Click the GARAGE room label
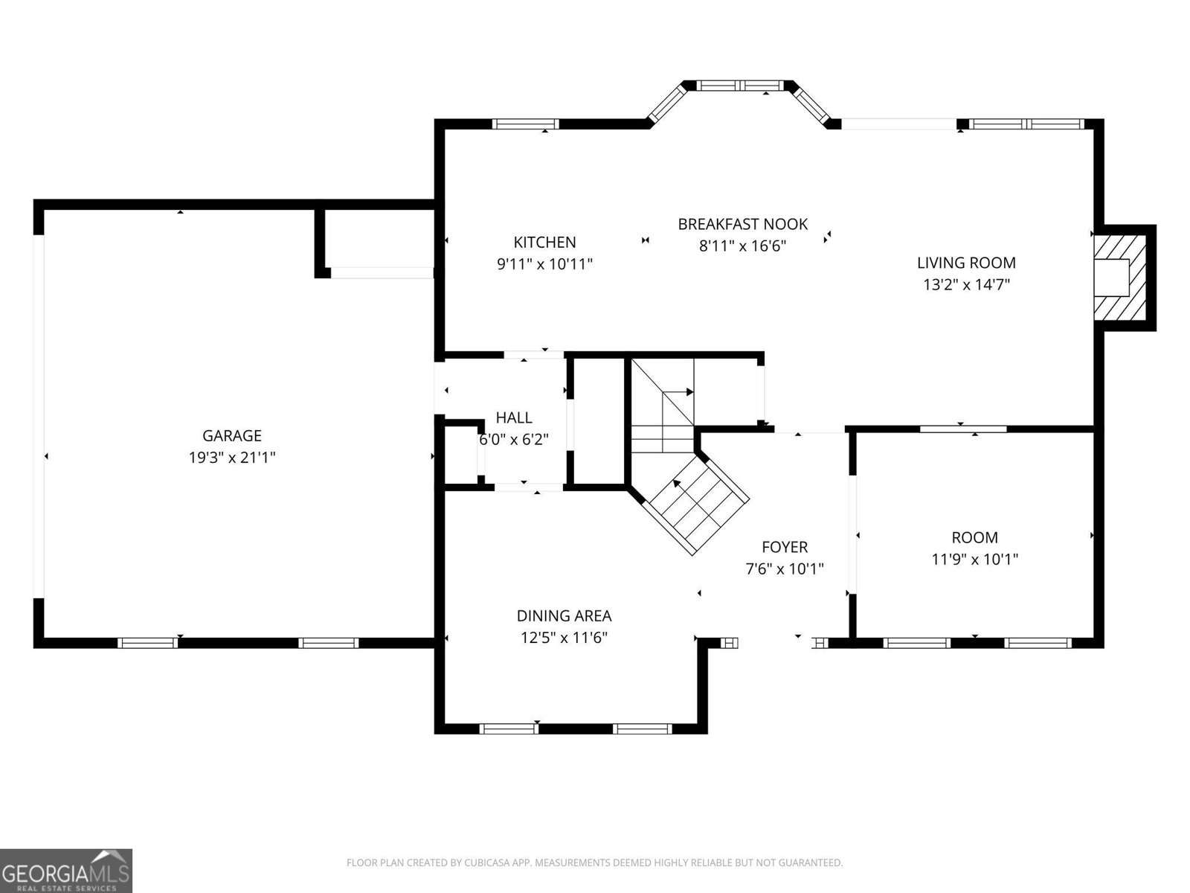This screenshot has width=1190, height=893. click(x=231, y=436)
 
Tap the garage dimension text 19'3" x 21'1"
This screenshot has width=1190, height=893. click(x=231, y=458)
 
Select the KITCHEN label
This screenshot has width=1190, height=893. click(x=544, y=243)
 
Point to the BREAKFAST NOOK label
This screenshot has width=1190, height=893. click(x=742, y=224)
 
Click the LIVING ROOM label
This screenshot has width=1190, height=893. click(x=965, y=263)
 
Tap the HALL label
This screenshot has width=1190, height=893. click(x=514, y=418)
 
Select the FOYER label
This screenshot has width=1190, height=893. click(x=784, y=548)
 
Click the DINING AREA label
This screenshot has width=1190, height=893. click(x=564, y=616)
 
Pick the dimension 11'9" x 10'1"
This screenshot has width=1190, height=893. click(x=974, y=559)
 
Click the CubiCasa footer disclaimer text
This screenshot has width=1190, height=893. click(x=594, y=863)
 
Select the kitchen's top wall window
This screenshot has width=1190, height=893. click(x=527, y=124)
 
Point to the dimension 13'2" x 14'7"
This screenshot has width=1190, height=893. click(x=965, y=284)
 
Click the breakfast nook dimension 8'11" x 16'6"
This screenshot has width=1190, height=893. click(x=742, y=246)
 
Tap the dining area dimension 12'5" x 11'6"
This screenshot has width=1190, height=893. click(x=564, y=638)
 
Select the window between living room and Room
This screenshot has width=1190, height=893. click(x=963, y=429)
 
